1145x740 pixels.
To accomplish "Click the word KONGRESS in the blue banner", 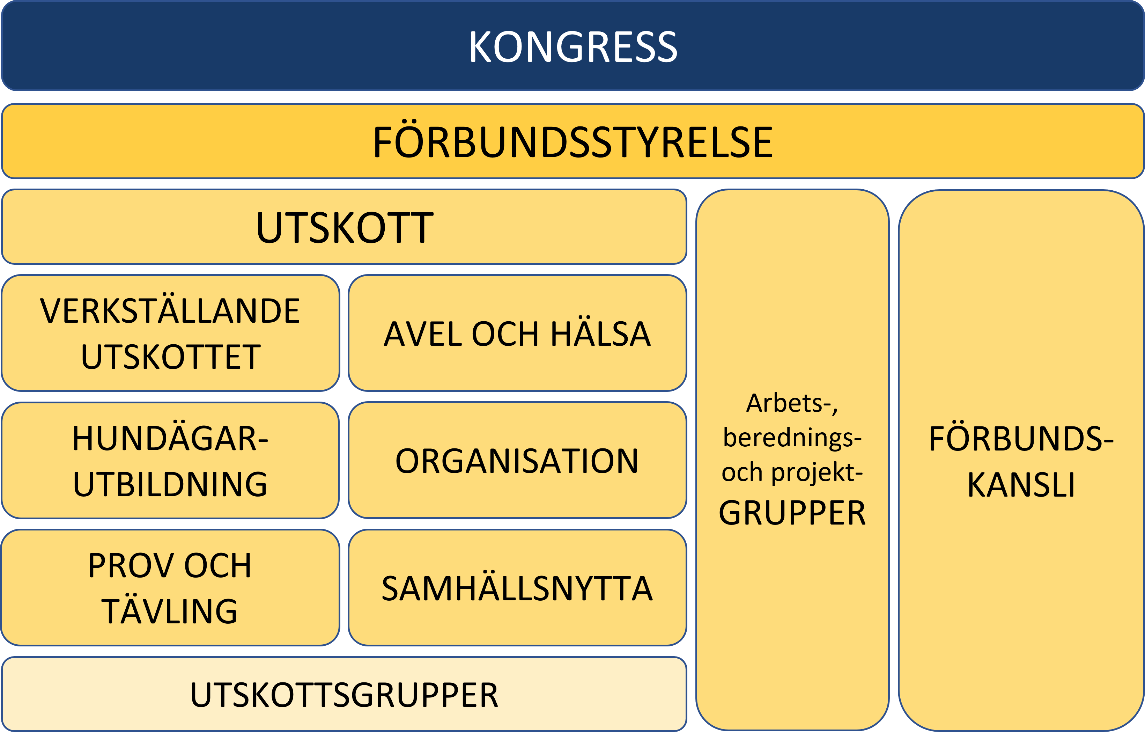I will click(572, 46).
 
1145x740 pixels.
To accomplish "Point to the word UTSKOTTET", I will click(170, 357).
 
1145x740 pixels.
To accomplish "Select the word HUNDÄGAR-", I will click(170, 438).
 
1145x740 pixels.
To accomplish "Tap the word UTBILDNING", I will click(170, 484).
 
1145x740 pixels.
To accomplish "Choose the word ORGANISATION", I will click(517, 461).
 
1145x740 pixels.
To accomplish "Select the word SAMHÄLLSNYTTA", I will click(517, 589).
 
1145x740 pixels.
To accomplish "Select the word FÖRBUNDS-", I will click(1021, 438).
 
